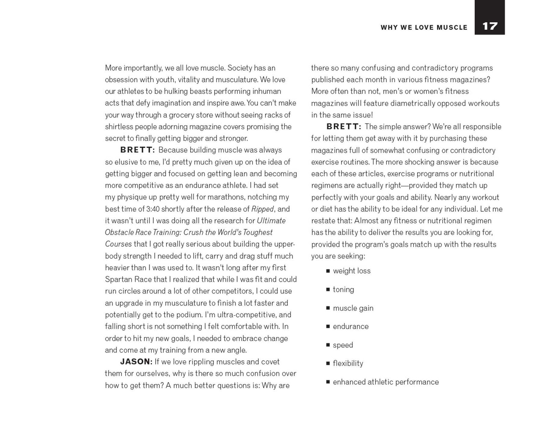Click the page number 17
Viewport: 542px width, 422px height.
click(489, 26)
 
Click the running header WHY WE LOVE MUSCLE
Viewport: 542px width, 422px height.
click(424, 28)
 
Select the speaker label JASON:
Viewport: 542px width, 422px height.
click(136, 362)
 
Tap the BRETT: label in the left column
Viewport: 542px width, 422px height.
click(137, 150)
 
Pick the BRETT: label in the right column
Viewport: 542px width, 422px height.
click(344, 127)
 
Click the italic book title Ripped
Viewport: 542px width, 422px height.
click(262, 209)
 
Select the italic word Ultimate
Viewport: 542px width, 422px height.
click(271, 221)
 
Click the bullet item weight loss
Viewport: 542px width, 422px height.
click(351, 271)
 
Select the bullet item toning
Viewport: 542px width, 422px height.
click(343, 290)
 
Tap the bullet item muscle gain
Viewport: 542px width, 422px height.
click(353, 308)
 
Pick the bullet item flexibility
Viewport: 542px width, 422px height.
click(348, 364)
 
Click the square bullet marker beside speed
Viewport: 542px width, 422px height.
click(328, 345)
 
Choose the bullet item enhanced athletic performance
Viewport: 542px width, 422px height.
click(386, 382)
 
